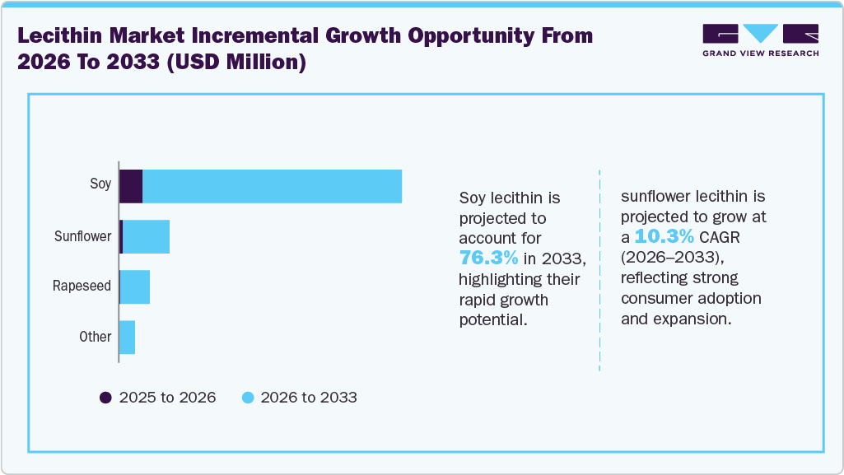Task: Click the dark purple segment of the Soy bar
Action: tap(131, 186)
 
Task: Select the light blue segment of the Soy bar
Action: tap(272, 186)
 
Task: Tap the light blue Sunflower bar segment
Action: tap(146, 237)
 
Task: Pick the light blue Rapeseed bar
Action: tap(135, 287)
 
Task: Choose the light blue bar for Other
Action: tap(127, 338)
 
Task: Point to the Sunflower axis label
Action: tap(82, 237)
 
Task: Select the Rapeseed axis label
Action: tap(82, 286)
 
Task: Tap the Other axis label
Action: tap(96, 337)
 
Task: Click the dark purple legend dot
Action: tap(105, 398)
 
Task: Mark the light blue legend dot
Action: tap(247, 398)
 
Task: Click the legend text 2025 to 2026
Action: tap(167, 398)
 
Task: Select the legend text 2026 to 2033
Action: tap(309, 398)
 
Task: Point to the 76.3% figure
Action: tap(488, 258)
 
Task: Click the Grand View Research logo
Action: tap(760, 40)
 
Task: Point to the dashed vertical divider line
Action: tap(599, 272)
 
